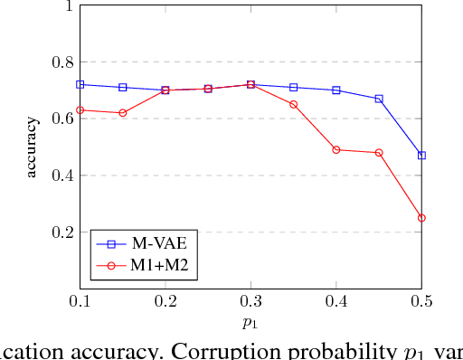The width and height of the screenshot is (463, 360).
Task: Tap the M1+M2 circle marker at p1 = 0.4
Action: (x=336, y=150)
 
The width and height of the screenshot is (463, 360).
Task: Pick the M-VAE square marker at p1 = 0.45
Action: (x=379, y=99)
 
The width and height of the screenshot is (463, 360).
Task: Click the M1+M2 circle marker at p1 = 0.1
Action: (x=80, y=110)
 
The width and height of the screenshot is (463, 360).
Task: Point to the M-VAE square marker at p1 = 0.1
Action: (x=80, y=84)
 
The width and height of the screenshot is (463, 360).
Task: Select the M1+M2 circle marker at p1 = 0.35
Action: (x=294, y=105)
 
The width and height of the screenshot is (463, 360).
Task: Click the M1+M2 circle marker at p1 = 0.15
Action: (x=123, y=113)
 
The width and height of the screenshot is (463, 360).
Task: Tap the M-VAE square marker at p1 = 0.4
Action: (x=336, y=90)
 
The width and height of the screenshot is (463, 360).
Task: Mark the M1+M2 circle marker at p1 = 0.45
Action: (x=379, y=153)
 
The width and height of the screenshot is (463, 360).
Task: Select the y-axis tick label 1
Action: (x=68, y=6)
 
